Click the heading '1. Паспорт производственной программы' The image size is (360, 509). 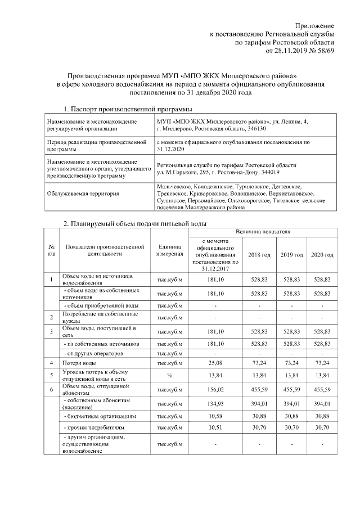click(128, 109)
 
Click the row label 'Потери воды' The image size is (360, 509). click(78, 364)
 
